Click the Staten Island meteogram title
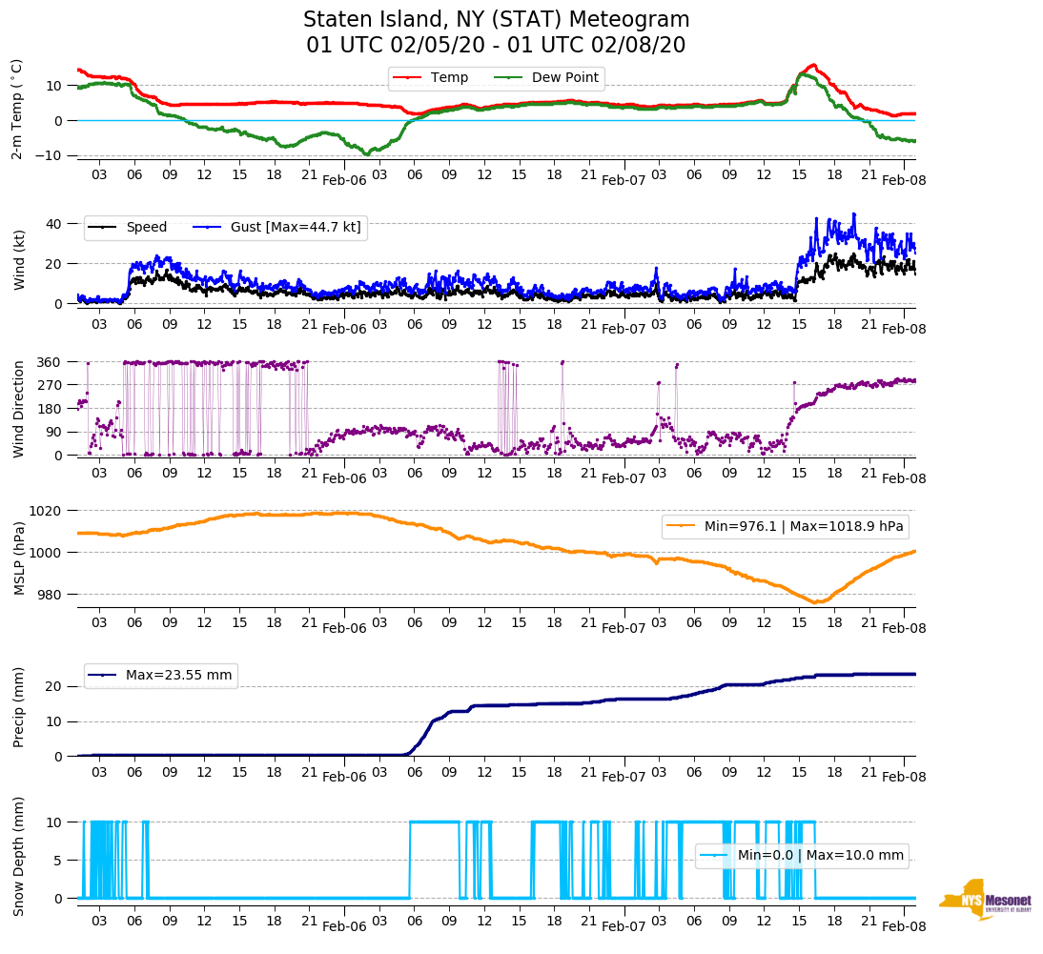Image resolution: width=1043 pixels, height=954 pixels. tap(496, 32)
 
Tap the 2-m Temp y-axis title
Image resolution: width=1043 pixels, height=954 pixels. tap(17, 109)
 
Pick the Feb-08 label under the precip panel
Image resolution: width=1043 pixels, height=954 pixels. tap(904, 777)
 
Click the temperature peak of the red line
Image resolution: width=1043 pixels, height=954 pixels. tap(812, 65)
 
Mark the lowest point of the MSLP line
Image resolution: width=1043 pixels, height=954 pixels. tap(816, 602)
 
